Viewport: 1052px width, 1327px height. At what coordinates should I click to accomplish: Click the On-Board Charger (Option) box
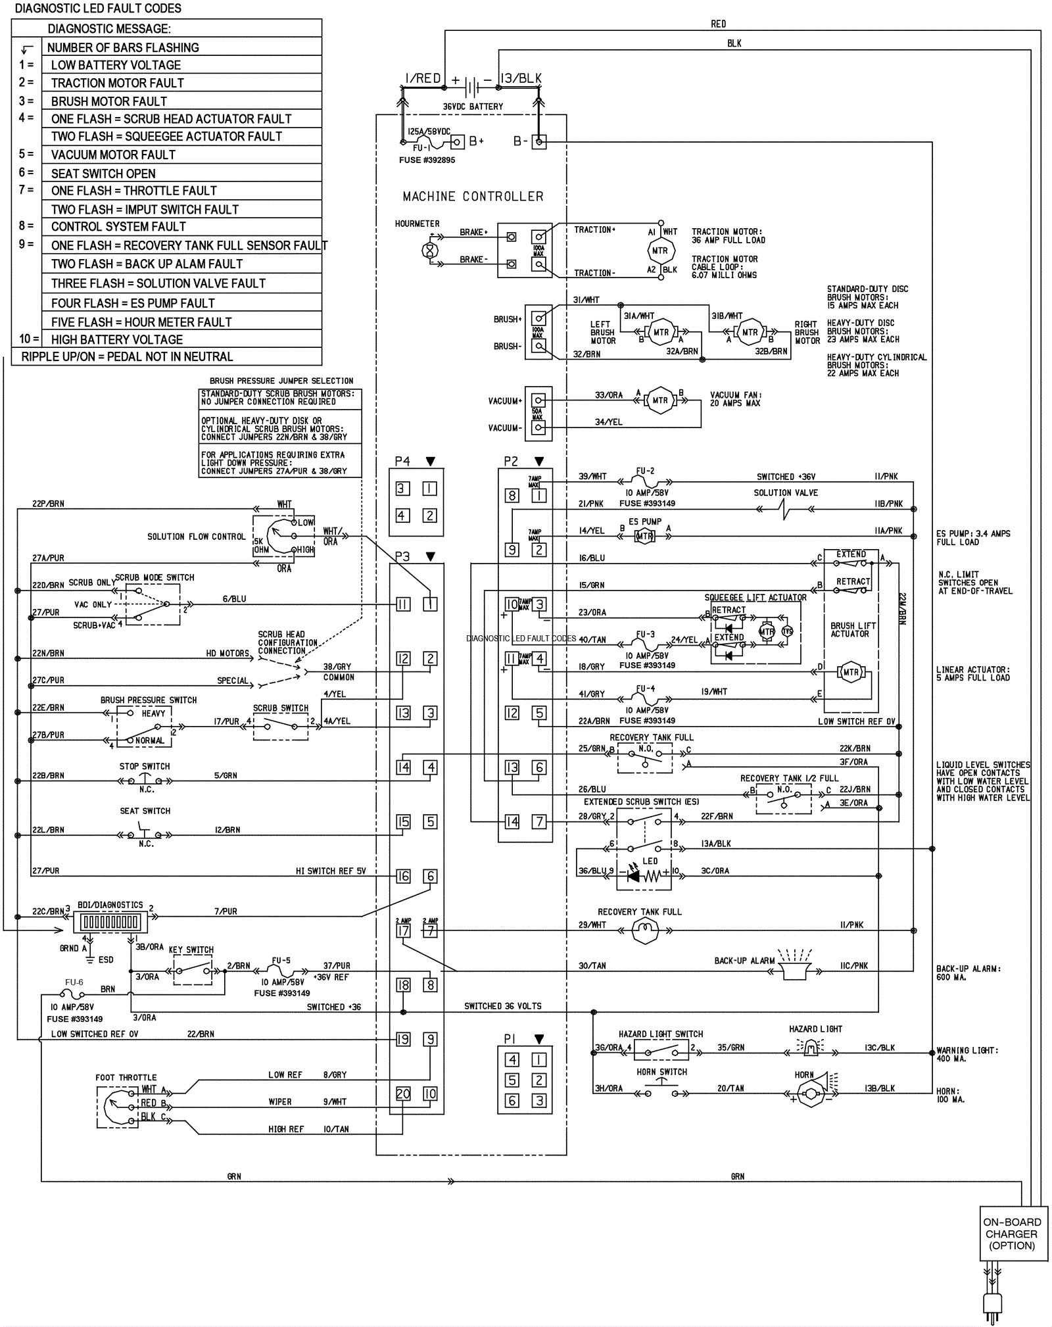[1013, 1234]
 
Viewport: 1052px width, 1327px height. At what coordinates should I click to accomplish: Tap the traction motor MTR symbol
[660, 251]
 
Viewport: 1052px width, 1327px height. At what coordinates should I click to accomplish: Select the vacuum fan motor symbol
[659, 400]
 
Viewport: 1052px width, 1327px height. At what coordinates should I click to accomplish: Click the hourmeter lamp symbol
[429, 251]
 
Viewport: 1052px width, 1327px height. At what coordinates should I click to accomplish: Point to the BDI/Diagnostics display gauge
[110, 923]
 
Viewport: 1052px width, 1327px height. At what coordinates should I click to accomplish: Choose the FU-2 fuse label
[645, 471]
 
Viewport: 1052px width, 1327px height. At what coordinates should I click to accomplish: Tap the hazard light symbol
[811, 1048]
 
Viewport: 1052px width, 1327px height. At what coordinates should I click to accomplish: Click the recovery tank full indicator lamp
[645, 930]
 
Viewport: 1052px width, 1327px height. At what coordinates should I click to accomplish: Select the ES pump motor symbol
[644, 536]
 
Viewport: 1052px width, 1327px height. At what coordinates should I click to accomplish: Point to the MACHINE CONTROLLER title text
[473, 197]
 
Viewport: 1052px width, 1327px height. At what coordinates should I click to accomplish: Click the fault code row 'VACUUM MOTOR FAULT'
[113, 155]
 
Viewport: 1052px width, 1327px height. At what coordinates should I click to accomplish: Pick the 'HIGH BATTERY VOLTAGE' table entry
[117, 340]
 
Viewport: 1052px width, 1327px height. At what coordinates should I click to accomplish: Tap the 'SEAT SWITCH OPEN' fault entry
[103, 174]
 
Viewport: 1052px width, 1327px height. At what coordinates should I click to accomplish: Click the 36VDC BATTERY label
[473, 107]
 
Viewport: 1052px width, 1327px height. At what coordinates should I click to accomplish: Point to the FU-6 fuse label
[74, 982]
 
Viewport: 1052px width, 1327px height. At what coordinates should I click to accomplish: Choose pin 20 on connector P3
[403, 1094]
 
